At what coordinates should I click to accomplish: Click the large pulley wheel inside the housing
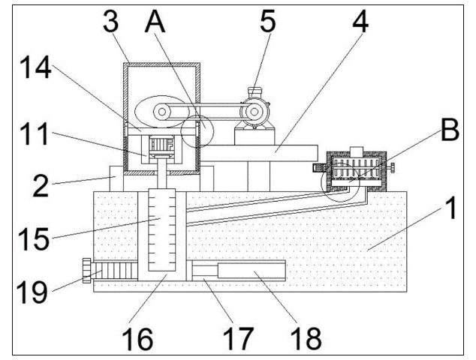[x=162, y=112]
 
